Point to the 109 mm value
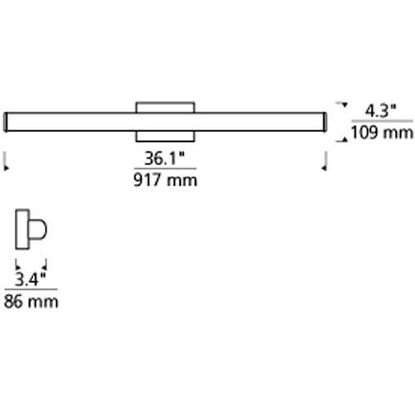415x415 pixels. pos(376,131)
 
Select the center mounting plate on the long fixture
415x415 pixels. pos(165,121)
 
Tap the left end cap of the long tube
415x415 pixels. pos(8,122)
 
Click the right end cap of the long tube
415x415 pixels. pos(324,122)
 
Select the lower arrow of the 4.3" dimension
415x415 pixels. pos(339,139)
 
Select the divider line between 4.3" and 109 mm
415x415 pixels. pos(378,121)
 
